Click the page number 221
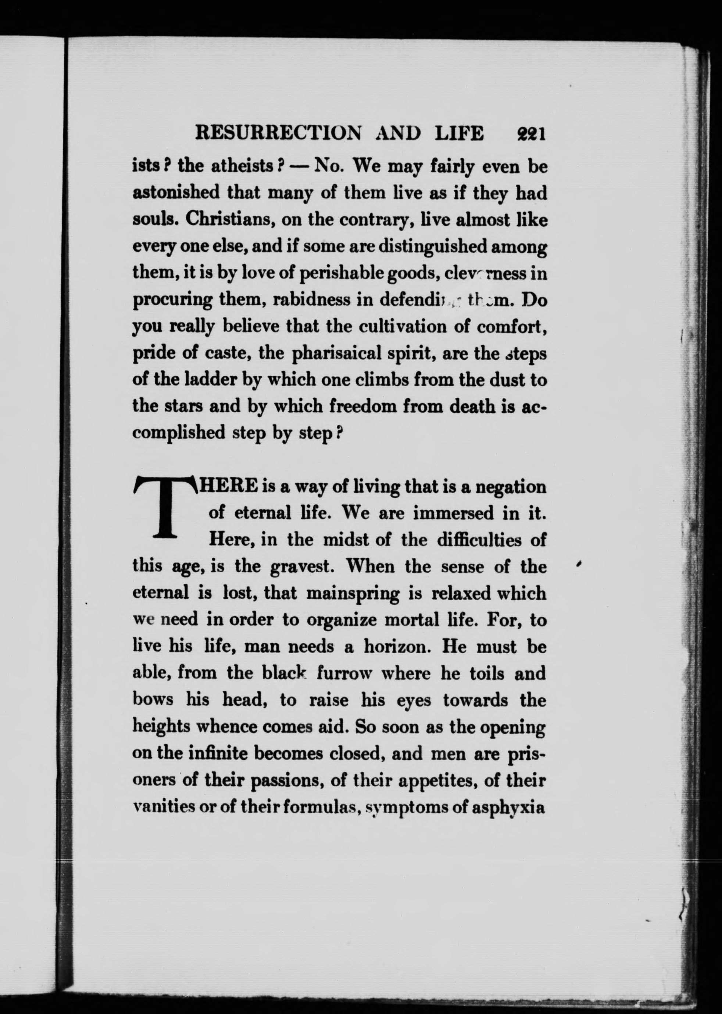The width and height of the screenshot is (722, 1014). [x=531, y=134]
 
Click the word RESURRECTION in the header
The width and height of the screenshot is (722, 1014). [x=278, y=134]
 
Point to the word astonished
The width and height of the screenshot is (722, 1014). [x=176, y=193]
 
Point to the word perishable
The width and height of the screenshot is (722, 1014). [x=341, y=273]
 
